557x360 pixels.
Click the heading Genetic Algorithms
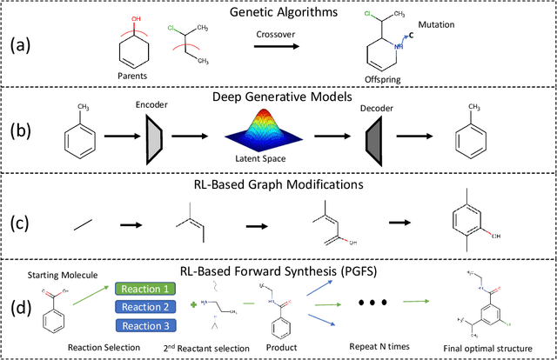(x=301, y=12)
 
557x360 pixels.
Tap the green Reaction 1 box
(x=141, y=289)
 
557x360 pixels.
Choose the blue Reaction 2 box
(x=141, y=307)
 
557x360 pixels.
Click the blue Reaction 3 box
(x=141, y=326)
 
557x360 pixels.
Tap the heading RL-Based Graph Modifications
(x=301, y=185)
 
